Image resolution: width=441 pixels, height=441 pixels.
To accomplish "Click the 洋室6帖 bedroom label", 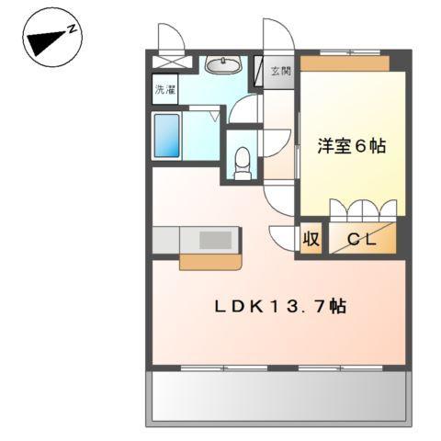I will point(352,145).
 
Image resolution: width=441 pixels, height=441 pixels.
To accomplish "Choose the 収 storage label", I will point(311,239).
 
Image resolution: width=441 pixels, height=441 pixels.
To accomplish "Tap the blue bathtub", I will point(165,136).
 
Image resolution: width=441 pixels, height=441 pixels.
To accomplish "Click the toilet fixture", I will point(243,164).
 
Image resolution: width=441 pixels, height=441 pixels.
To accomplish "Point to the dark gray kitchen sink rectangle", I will point(217,239).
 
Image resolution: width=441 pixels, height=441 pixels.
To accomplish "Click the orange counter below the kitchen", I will point(210,261).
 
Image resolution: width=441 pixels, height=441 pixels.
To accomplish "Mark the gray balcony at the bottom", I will point(277,396).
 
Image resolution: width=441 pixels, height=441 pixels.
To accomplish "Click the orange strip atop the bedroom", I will point(345,62).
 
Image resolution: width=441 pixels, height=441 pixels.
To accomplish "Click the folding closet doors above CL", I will point(364,209).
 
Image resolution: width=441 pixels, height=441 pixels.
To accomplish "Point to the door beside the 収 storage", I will point(283,234).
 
